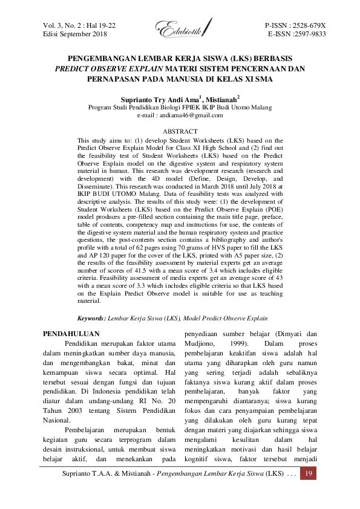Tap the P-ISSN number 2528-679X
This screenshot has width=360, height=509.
tap(306, 26)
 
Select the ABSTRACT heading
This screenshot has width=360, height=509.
tap(180, 131)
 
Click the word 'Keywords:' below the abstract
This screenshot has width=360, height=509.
tap(91, 317)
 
